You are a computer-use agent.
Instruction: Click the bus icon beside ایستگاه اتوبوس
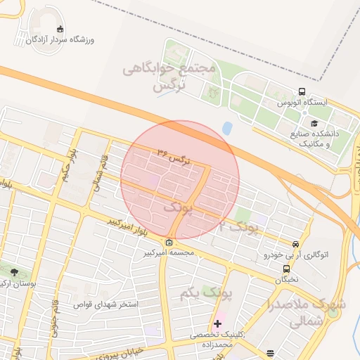pos(302,92)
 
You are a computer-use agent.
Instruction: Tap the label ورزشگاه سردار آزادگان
pos(60,40)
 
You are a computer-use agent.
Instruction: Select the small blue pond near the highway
pos(226,129)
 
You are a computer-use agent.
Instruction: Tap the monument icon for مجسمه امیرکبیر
pos(169,243)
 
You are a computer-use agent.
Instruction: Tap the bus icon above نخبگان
pos(286,269)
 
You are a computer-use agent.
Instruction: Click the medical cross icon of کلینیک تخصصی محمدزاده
pos(217,324)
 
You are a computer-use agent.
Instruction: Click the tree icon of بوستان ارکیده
pos(15,273)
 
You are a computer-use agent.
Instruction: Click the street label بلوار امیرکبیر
pos(127,226)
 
